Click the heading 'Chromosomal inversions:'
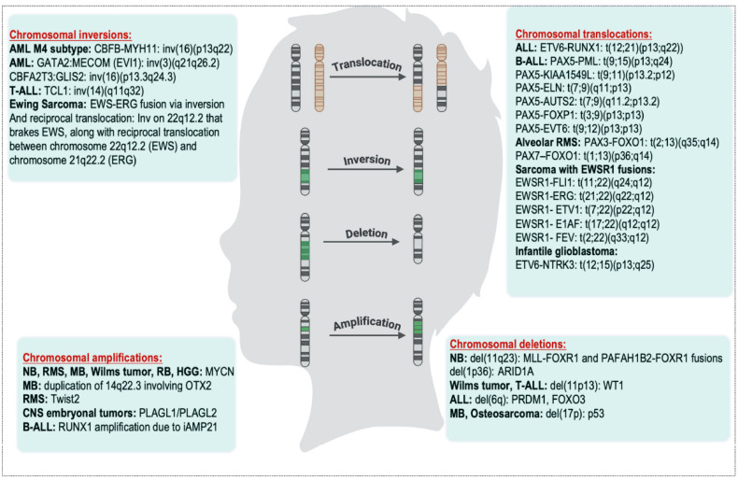(x=71, y=35)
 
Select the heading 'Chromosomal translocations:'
(x=584, y=35)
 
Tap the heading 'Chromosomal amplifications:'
(x=92, y=358)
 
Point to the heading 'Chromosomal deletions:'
(x=508, y=344)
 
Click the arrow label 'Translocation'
(x=366, y=64)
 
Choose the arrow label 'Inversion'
(x=366, y=160)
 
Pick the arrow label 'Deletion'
(x=366, y=233)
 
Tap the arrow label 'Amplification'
(x=367, y=323)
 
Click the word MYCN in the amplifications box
(x=220, y=372)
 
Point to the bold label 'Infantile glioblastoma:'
(x=566, y=251)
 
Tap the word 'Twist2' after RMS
(x=65, y=400)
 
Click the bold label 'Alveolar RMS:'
(x=547, y=142)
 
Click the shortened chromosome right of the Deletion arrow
(x=418, y=238)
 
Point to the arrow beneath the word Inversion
(x=365, y=169)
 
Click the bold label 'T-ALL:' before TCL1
(x=25, y=91)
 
